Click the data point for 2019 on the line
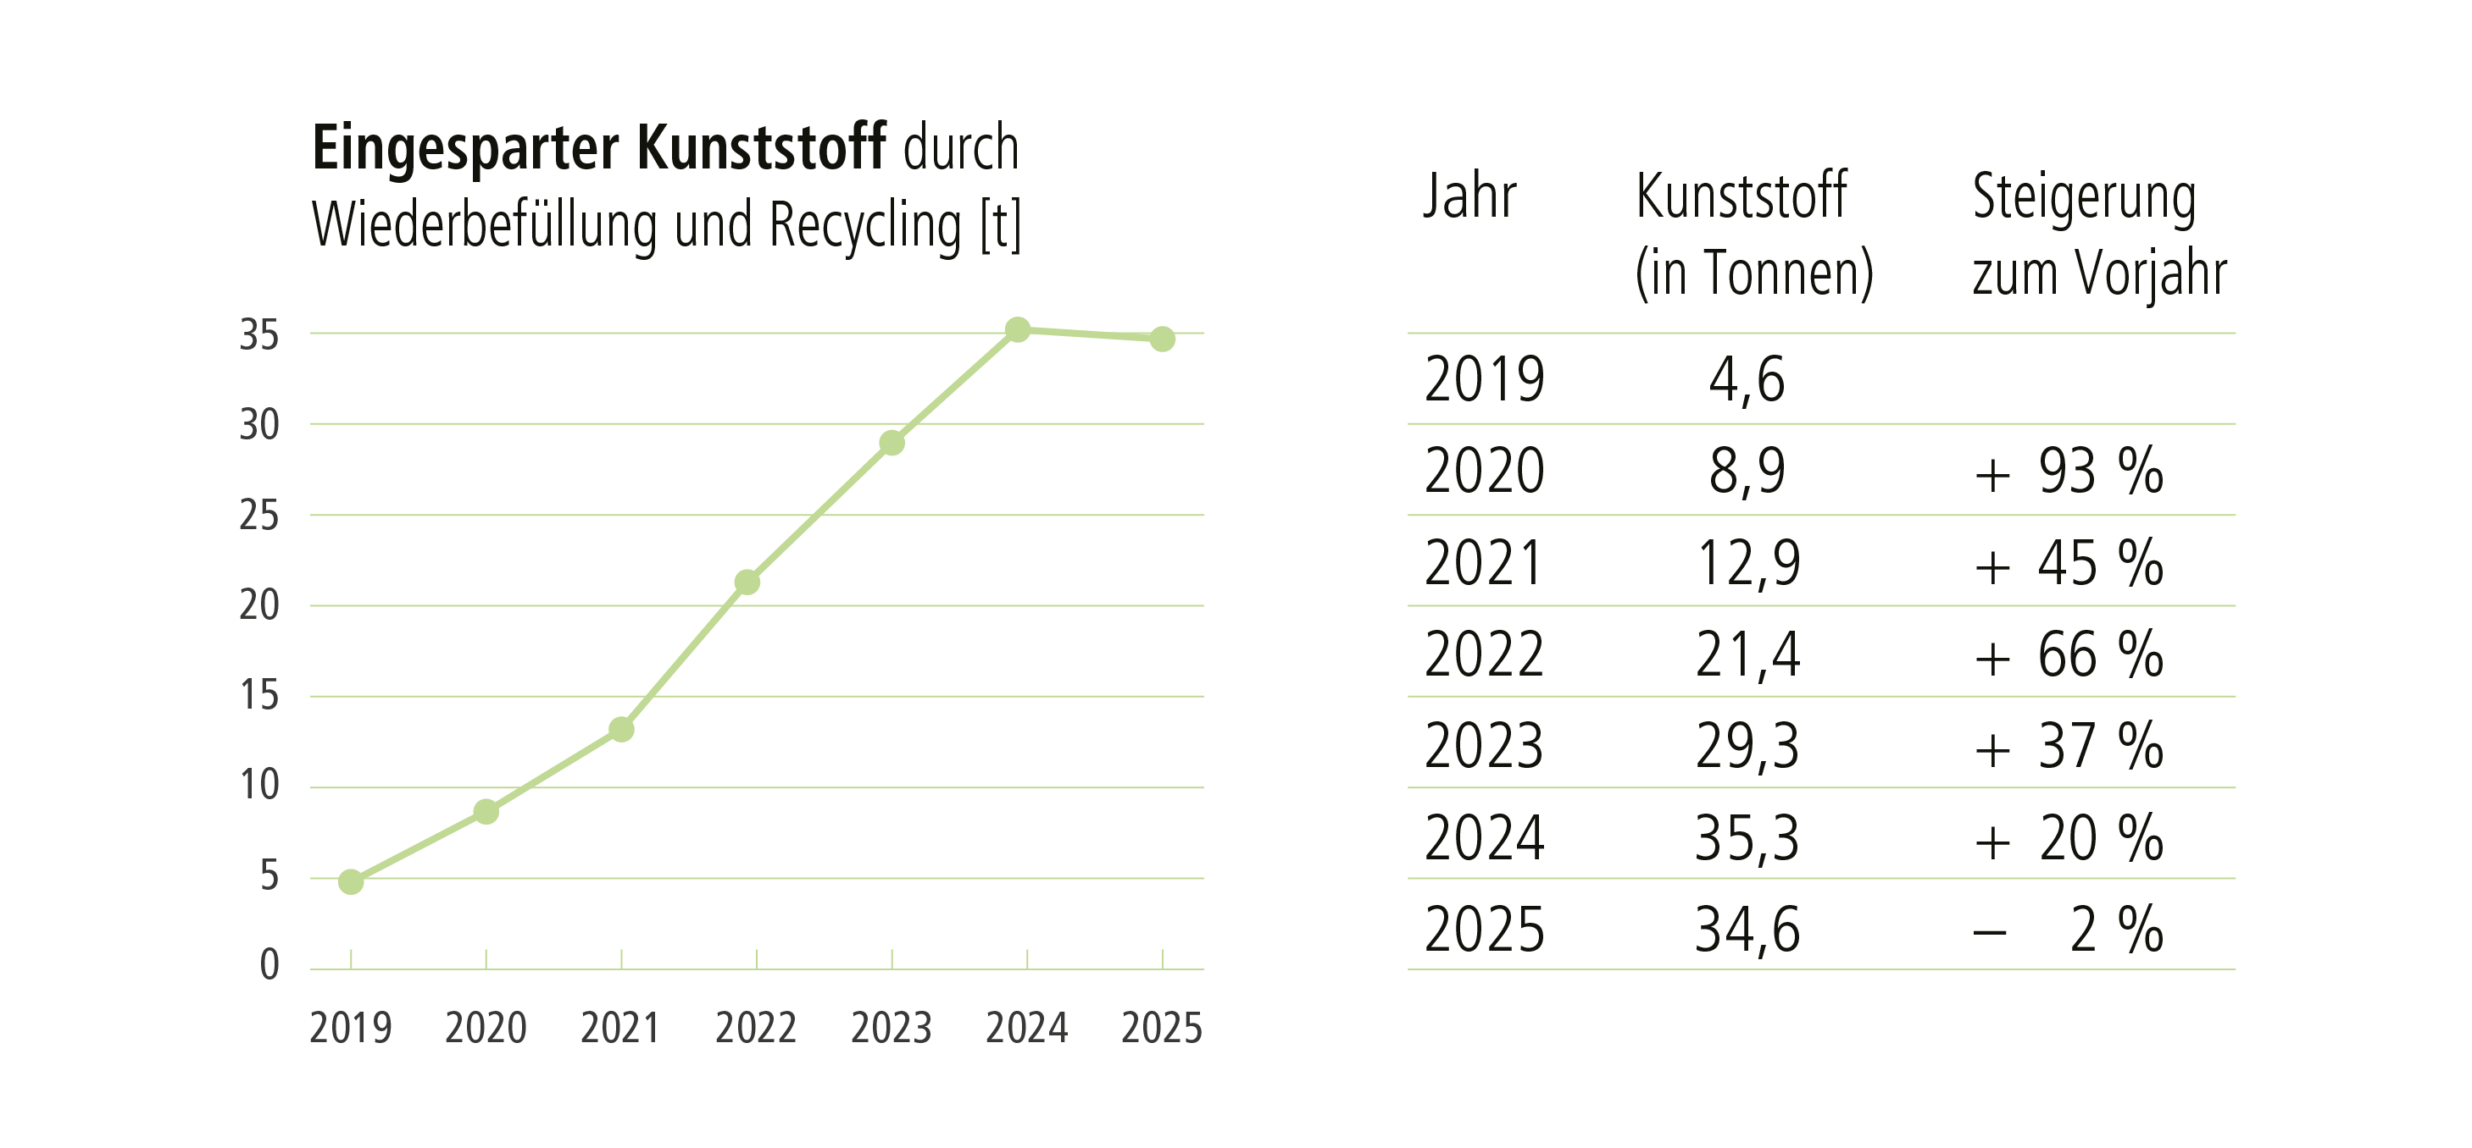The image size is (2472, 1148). pyautogui.click(x=351, y=881)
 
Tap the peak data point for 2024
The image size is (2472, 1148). pyautogui.click(x=1018, y=330)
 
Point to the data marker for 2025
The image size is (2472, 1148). pyautogui.click(x=1162, y=339)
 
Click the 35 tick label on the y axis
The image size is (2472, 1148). pyautogui.click(x=259, y=334)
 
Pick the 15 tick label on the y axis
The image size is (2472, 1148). pyautogui.click(x=259, y=695)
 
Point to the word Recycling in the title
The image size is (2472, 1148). pyautogui.click(x=865, y=225)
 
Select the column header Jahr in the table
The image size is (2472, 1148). pyautogui.click(x=1469, y=196)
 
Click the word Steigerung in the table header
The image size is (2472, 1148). pyautogui.click(x=2085, y=197)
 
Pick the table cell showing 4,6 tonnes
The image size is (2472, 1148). pyautogui.click(x=1747, y=378)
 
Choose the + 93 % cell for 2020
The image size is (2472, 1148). pyautogui.click(x=2069, y=471)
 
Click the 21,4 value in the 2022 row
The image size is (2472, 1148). pyautogui.click(x=1747, y=655)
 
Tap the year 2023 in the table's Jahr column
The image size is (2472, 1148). pyautogui.click(x=1485, y=746)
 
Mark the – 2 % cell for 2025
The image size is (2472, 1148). pyautogui.click(x=2069, y=930)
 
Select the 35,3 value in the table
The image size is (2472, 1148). pyautogui.click(x=1747, y=838)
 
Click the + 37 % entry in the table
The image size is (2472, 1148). pyautogui.click(x=2069, y=746)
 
